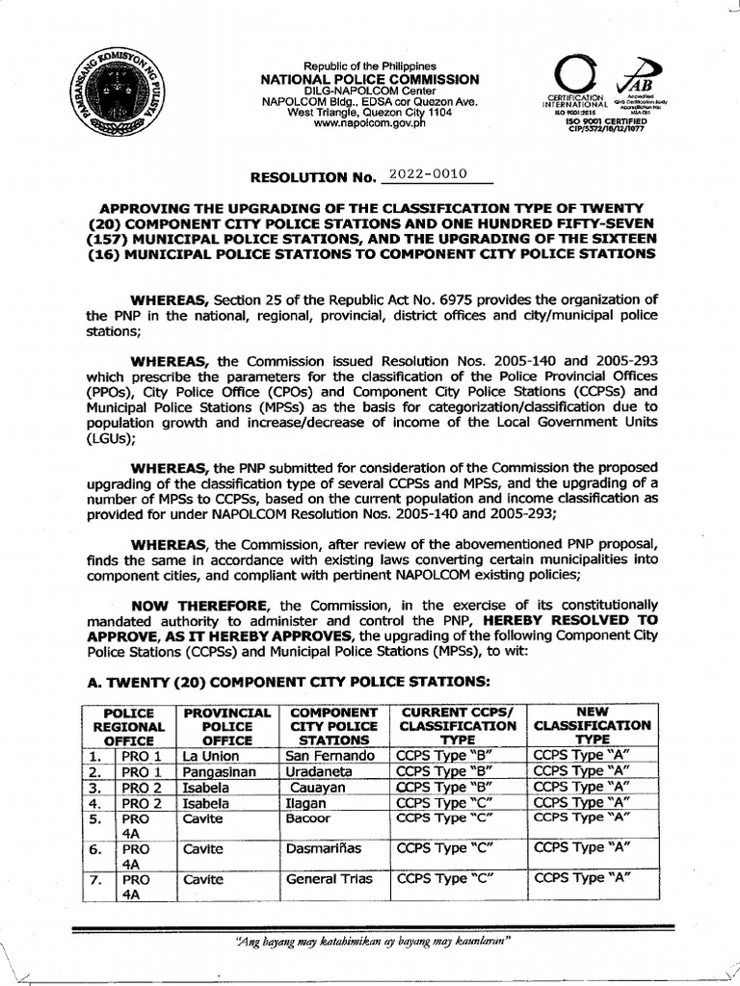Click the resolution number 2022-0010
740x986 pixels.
click(424, 174)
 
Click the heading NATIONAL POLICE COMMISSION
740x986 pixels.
click(370, 79)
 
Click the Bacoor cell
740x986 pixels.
click(308, 817)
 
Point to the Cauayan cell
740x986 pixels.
click(314, 787)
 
